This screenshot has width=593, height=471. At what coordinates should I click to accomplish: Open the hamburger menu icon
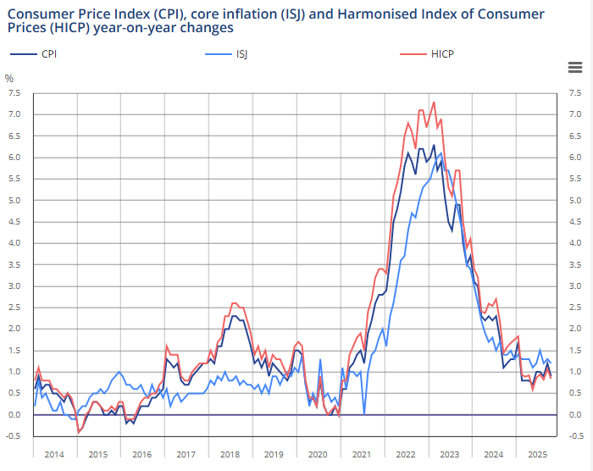point(574,68)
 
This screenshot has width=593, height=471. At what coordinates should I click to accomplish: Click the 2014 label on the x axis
point(53,454)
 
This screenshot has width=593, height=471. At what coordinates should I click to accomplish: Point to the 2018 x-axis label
point(230,454)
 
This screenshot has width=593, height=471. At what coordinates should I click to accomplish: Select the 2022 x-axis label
point(406,454)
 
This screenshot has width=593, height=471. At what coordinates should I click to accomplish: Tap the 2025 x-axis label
point(537,454)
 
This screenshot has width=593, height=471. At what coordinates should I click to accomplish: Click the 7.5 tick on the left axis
point(14,92)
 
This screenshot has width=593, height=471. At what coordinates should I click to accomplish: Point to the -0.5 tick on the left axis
point(14,436)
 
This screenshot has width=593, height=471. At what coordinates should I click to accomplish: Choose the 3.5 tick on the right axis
point(575,264)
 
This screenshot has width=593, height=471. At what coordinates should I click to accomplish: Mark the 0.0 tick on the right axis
point(575,415)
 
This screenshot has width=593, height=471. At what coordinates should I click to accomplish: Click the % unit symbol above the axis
point(9,79)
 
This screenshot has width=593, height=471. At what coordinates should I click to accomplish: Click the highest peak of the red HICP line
point(434,103)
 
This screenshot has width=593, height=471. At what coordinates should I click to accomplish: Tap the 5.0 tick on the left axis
point(14,200)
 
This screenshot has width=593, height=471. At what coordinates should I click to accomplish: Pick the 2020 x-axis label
point(318,454)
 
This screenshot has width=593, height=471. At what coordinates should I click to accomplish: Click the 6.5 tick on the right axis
point(575,136)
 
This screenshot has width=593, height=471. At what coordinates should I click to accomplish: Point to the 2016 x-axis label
point(141,454)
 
